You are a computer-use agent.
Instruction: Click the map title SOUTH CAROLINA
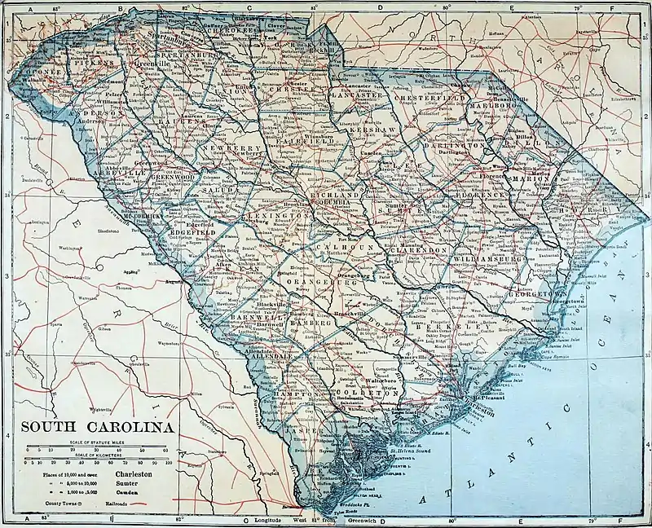tap(96, 427)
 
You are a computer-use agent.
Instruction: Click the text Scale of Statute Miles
tap(96, 441)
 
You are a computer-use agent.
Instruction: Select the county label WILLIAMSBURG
tap(487, 259)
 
